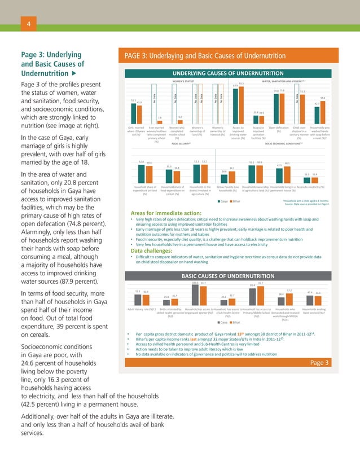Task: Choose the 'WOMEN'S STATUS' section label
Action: click(x=184, y=81)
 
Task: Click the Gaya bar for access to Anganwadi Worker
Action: click(x=195, y=294)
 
